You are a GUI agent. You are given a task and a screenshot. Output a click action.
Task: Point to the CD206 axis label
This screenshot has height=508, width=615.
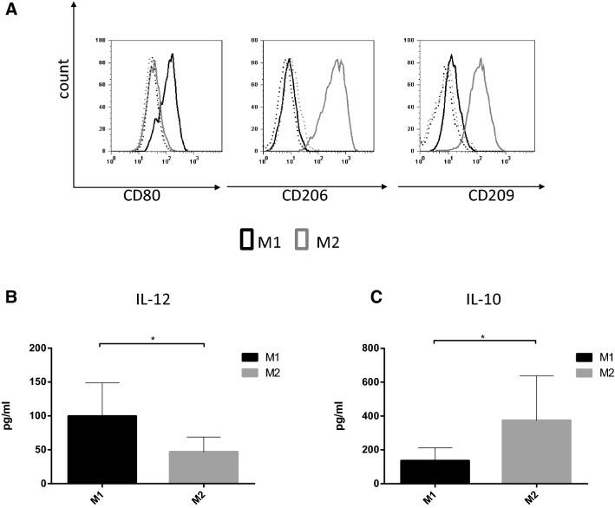point(304,198)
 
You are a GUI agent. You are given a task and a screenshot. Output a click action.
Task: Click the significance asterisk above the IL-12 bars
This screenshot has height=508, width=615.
point(152,338)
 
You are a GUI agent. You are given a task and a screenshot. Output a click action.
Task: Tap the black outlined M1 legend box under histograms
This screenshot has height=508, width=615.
point(245,240)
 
